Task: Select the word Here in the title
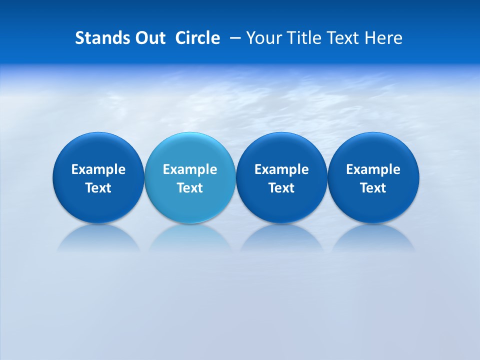tap(385, 38)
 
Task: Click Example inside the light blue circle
tap(190, 169)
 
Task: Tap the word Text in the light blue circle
tap(190, 188)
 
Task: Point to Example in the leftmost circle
tap(98, 169)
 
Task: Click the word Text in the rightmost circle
tap(373, 188)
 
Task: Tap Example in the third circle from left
tap(281, 169)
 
